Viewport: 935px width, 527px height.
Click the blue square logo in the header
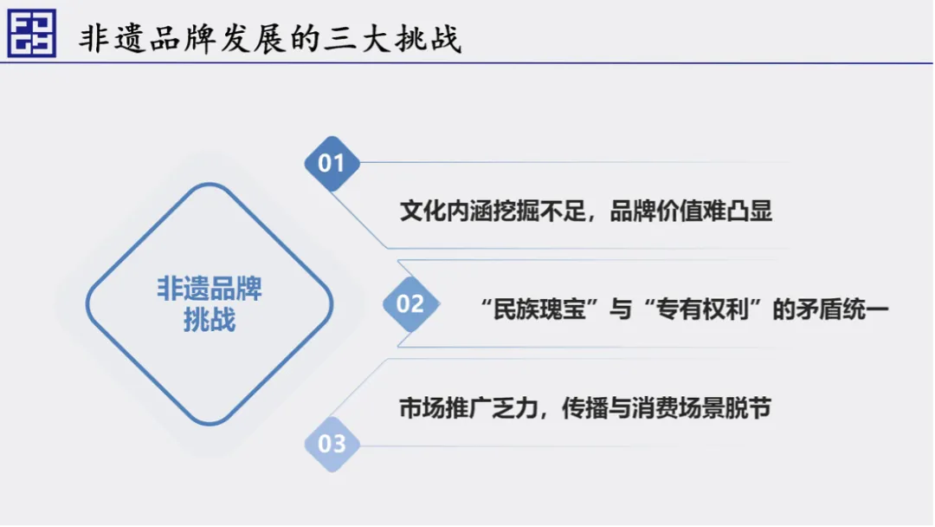pos(32,33)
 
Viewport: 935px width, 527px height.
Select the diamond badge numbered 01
pos(332,164)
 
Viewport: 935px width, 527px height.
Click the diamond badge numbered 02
pos(411,303)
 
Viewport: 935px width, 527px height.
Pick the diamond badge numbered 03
pos(332,444)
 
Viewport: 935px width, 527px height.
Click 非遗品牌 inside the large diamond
pos(210,289)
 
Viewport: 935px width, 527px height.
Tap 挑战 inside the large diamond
pos(210,319)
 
